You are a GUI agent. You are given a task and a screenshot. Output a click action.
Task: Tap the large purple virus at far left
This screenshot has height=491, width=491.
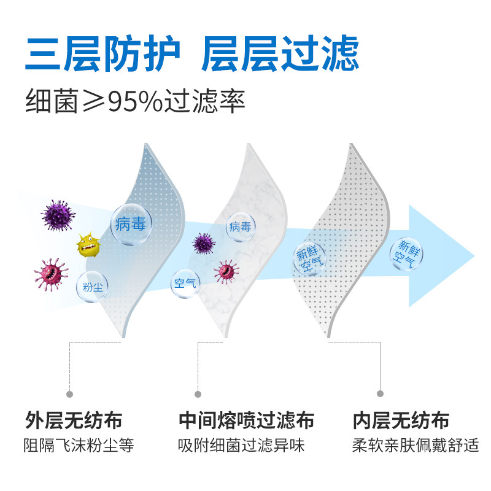point(59,215)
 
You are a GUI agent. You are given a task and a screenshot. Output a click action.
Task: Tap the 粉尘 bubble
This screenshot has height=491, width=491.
point(93,286)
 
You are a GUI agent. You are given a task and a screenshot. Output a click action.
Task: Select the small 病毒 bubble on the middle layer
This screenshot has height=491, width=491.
point(240,227)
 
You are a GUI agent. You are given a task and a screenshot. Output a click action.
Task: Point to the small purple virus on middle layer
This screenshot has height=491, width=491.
point(204,244)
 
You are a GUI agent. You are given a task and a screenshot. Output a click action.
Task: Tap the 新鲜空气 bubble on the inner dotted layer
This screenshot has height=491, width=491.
point(309,260)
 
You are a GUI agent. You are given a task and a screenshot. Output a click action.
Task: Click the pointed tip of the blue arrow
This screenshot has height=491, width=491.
point(475,256)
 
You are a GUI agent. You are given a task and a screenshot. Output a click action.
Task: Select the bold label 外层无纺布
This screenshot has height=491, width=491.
point(74,421)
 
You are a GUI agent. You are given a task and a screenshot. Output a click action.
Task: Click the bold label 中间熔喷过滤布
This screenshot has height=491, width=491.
point(247,421)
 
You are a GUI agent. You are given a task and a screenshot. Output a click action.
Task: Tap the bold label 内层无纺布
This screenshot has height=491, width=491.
point(401,421)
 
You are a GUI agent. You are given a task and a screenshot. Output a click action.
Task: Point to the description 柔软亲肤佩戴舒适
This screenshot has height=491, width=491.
point(415,446)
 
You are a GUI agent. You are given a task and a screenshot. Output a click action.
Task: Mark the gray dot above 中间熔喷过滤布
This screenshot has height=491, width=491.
point(198,393)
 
